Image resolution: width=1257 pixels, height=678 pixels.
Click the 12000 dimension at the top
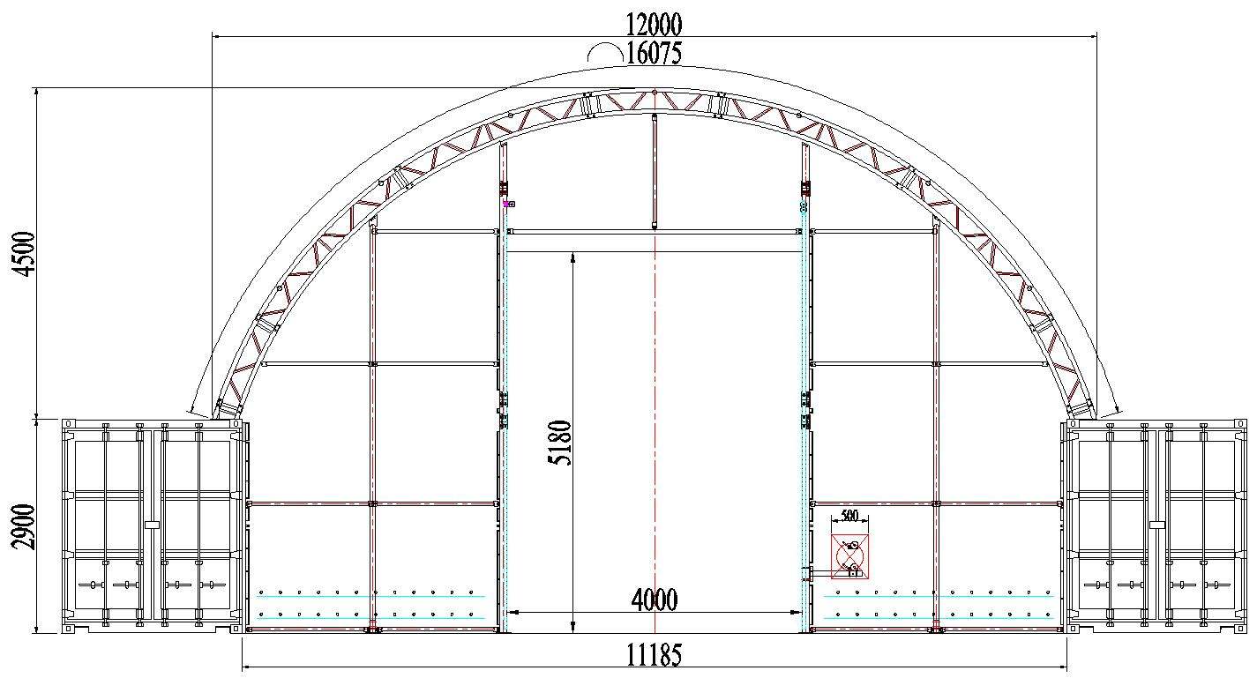[x=654, y=24]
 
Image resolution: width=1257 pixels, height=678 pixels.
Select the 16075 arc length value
[x=654, y=53]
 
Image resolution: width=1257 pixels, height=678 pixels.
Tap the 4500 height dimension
[x=26, y=254]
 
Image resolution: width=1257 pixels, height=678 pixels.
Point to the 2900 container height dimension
[x=26, y=527]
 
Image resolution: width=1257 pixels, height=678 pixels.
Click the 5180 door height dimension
[x=559, y=443]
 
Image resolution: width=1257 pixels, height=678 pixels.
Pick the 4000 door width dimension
[x=655, y=600]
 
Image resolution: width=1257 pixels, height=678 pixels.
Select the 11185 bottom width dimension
[x=654, y=654]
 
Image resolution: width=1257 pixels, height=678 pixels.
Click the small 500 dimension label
[x=850, y=515]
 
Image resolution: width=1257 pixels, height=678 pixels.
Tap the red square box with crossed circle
[x=849, y=556]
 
